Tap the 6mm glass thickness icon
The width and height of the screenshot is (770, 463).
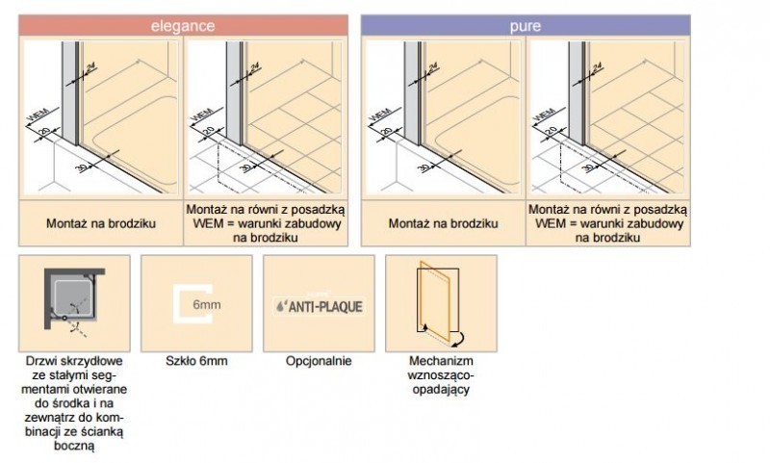196,303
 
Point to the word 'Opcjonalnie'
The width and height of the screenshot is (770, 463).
319,362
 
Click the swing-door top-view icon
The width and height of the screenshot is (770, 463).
74,303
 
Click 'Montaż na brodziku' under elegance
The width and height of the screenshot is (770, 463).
100,223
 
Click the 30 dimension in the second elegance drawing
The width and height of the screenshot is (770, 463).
249,167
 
